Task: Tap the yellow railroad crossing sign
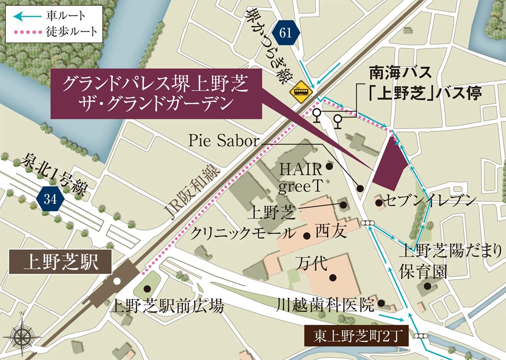click(300, 91)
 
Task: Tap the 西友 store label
click(330, 232)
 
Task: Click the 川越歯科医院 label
click(326, 304)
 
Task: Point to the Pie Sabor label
click(223, 141)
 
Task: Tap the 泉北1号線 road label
click(55, 173)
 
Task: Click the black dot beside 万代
click(333, 277)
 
